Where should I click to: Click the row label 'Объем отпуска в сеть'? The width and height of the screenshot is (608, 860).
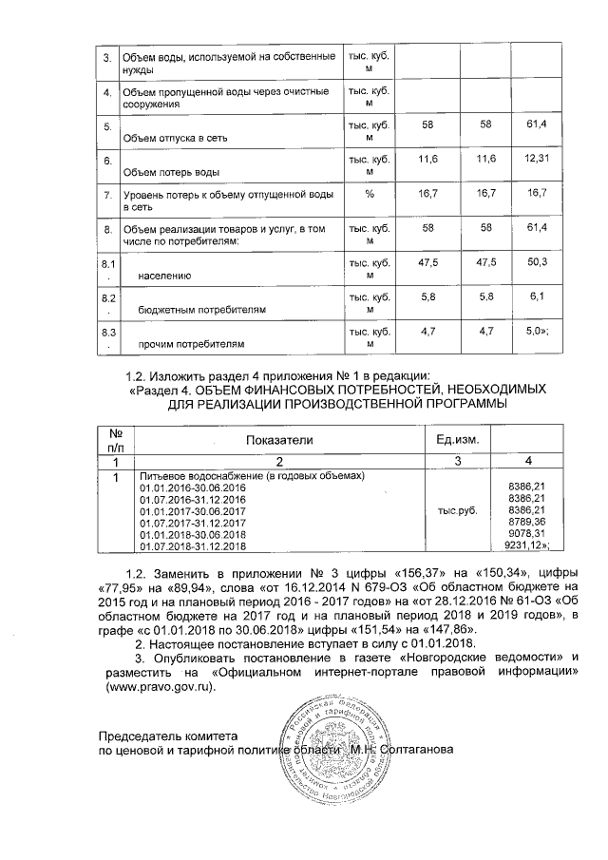click(171, 139)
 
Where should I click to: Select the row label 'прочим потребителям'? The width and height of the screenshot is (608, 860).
click(190, 344)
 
